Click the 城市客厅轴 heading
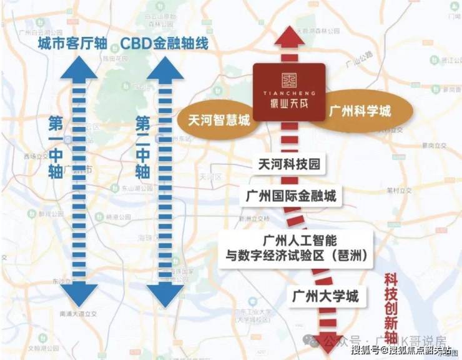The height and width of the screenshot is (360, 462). coord(72,44)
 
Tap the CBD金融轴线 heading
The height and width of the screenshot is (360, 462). coord(164,44)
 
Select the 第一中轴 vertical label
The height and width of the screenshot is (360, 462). coord(56,147)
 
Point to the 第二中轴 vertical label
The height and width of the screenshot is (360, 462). coord(143,147)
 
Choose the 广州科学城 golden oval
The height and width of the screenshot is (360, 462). coord(360,112)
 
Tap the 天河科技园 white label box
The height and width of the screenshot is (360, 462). coord(288,165)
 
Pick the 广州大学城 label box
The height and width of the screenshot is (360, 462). coord(325,296)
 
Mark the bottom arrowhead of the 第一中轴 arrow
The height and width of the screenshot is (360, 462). coord(81,291)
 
